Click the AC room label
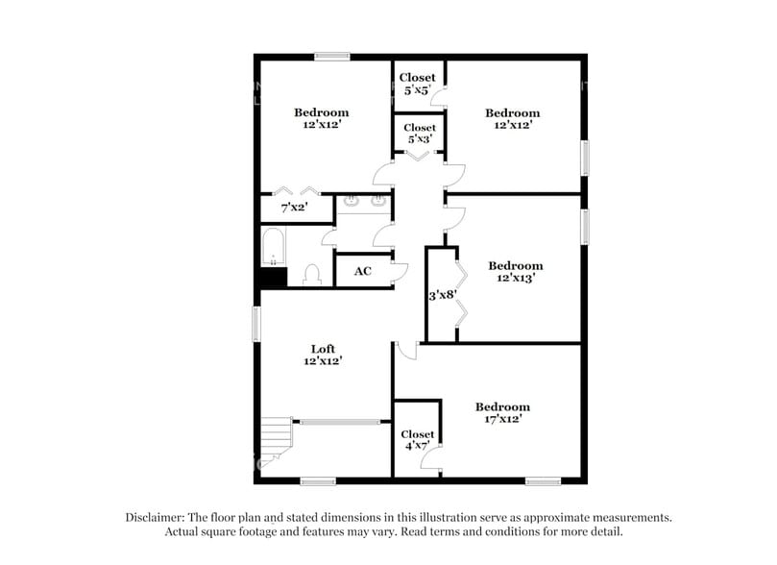coord(362,272)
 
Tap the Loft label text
coord(323,350)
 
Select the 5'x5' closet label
coord(417,84)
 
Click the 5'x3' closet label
coord(420,134)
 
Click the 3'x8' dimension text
coord(441,296)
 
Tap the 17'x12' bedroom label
coord(502,414)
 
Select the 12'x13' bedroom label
coord(516,272)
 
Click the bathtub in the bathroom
coord(273,247)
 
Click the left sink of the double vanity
coord(352,202)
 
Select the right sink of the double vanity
coord(378,202)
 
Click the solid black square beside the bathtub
coord(274,277)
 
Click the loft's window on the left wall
coord(256,323)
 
